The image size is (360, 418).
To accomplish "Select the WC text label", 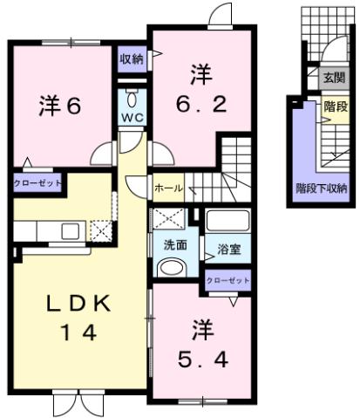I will (133, 116).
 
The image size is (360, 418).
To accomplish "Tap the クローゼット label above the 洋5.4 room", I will (228, 281).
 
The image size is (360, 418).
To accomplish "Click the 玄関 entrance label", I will (334, 78).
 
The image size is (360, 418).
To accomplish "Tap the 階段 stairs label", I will (335, 106).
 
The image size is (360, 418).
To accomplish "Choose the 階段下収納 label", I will (322, 188).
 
